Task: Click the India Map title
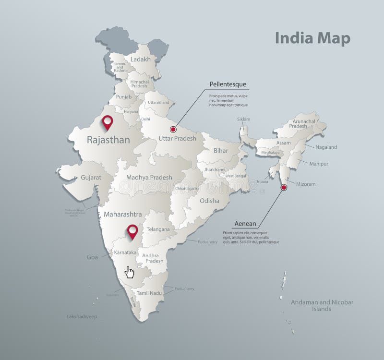tap(312, 38)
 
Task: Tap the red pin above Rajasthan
tap(108, 122)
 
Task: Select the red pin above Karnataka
tap(133, 231)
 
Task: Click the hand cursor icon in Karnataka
tap(129, 272)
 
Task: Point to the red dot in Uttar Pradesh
tap(173, 129)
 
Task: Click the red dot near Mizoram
tap(284, 187)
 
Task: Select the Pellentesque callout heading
tap(228, 84)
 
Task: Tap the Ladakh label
tap(140, 60)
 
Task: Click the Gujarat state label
tap(91, 177)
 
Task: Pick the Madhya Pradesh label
tap(149, 177)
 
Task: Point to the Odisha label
tap(209, 201)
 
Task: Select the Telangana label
tap(158, 229)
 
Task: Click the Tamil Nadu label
tap(149, 293)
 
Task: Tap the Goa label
tap(92, 257)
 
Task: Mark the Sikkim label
tap(243, 119)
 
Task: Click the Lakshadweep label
tap(82, 317)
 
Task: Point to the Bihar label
tap(221, 151)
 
